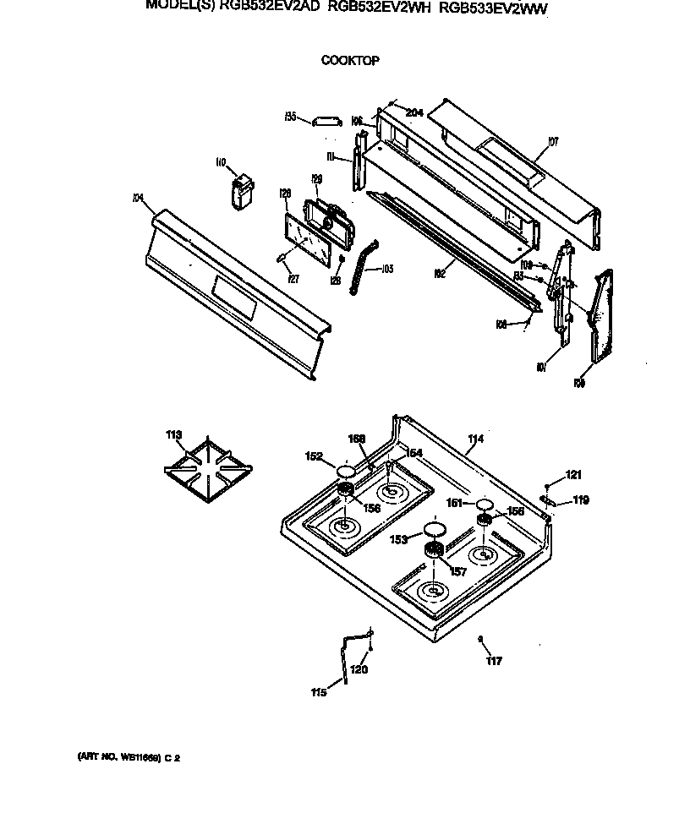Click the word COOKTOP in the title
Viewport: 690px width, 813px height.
click(349, 61)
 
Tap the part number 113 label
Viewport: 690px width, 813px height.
click(173, 435)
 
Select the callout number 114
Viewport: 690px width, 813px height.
click(475, 439)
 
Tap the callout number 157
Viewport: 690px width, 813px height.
click(457, 572)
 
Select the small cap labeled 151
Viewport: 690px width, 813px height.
click(484, 505)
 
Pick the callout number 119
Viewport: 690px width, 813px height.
click(580, 500)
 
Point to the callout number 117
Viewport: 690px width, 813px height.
click(494, 661)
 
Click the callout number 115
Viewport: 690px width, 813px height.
click(318, 693)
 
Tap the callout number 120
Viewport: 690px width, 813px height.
click(359, 669)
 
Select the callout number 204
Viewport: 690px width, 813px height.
click(413, 112)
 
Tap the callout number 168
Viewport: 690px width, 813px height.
click(357, 439)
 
